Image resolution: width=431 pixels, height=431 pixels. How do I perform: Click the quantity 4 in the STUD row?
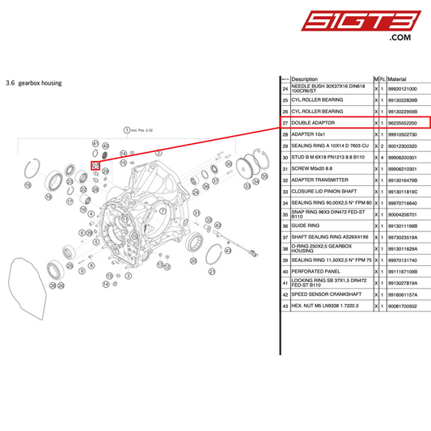[382, 157]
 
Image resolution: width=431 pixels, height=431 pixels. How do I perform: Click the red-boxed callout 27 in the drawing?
[95, 167]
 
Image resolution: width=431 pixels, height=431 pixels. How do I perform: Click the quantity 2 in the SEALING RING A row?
[382, 145]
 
